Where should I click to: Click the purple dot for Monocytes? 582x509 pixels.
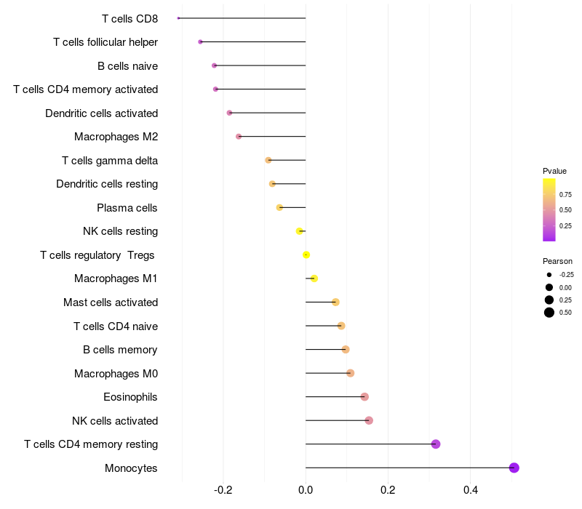coord(514,468)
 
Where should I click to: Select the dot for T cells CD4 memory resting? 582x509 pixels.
coord(436,444)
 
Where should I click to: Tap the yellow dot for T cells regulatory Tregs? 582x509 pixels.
coord(306,254)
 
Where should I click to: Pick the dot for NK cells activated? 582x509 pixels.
coord(369,420)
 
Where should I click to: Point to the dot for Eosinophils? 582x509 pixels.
coord(364,397)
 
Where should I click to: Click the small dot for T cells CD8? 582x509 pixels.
coord(178,18)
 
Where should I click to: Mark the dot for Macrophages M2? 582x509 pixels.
coord(239,137)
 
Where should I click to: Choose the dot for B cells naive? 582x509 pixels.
coord(214,65)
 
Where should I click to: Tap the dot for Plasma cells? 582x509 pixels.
coord(279,207)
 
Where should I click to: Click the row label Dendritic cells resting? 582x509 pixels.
coord(107,184)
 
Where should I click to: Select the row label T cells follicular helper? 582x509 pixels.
coord(105,42)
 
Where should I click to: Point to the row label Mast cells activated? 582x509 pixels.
coord(111,302)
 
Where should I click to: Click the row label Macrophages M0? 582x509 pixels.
coord(116,374)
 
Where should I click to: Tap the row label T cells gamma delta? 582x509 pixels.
coord(110,161)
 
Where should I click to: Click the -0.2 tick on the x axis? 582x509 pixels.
coord(223,489)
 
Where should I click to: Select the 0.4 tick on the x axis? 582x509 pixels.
coord(471,489)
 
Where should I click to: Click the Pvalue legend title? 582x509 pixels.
coord(554,171)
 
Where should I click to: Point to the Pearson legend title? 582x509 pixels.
coord(557,261)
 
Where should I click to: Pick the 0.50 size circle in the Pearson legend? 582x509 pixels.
coord(549,313)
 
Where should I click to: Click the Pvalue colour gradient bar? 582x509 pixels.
coord(549,209)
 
